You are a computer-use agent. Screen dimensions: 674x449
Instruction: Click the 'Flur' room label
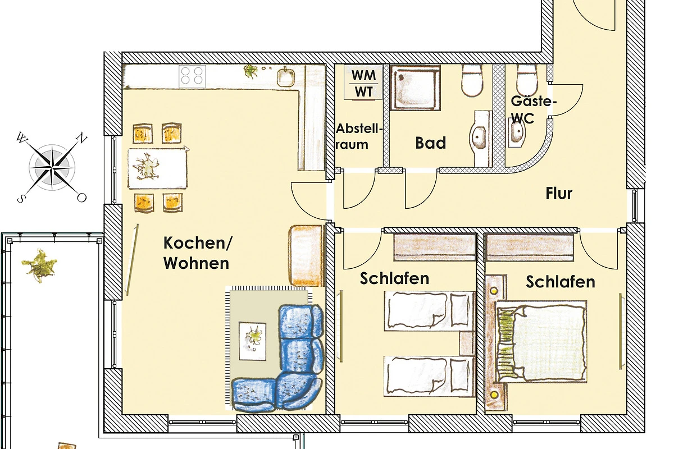(559, 194)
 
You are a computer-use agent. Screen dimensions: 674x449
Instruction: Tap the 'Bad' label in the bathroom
(431, 143)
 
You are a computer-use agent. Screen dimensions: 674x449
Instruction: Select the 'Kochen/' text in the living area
(198, 243)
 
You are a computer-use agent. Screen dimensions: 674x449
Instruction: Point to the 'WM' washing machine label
(363, 75)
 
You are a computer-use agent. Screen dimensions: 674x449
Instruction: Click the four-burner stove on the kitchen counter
(192, 76)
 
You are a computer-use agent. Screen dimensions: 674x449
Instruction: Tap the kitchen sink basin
(285, 77)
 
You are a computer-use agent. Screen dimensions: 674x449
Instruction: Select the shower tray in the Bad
(416, 88)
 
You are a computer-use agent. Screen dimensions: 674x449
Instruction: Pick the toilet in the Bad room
(472, 80)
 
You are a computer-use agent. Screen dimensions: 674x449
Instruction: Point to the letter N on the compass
(81, 139)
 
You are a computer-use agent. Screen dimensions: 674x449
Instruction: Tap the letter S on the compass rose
(20, 199)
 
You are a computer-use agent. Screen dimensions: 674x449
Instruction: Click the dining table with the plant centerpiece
(157, 168)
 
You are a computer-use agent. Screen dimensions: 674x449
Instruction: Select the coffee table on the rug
(252, 341)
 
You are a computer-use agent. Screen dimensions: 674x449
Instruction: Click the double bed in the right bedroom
(541, 341)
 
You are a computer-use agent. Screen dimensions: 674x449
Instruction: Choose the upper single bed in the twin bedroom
(429, 311)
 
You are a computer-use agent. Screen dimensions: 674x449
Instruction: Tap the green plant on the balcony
(39, 265)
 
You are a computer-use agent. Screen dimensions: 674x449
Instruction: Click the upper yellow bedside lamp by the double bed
(494, 291)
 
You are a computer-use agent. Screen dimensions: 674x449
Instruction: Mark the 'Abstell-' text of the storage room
(359, 129)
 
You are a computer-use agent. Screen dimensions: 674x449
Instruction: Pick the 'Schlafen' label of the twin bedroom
(394, 278)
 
